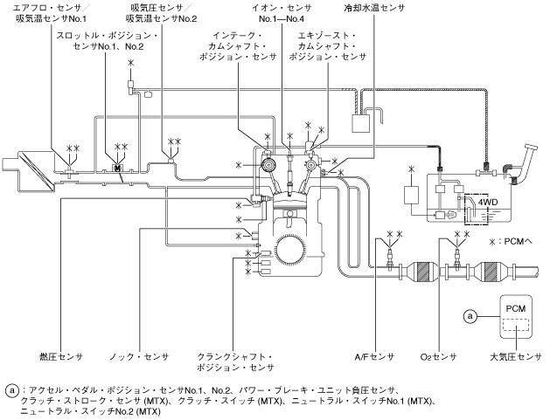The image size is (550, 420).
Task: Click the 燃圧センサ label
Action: point(61,357)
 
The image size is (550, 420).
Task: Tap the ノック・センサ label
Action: point(139,357)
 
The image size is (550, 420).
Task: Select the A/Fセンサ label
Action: point(374,357)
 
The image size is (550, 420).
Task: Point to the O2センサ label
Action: point(438,357)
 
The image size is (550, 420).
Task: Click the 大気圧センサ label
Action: point(516,357)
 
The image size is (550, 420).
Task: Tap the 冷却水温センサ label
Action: point(374,8)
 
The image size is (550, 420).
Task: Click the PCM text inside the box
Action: point(516,308)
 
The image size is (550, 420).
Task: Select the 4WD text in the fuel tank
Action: point(488,202)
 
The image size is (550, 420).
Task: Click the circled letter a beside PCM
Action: point(470,316)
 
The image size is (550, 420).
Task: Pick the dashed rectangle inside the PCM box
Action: point(516,324)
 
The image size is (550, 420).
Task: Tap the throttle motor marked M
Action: point(117,169)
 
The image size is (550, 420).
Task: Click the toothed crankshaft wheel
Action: point(289,249)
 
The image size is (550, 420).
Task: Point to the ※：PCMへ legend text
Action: point(511,241)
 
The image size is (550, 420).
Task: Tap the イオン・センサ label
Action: point(282,8)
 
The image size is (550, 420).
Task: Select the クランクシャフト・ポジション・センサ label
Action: point(235,362)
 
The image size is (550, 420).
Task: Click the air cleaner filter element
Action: point(36,170)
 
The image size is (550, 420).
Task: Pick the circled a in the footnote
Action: point(12,390)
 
